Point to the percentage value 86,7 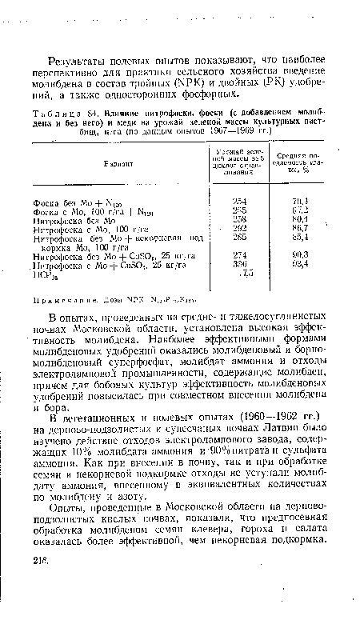pos(300,228)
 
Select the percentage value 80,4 pos(300,218)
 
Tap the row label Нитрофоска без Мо pos(67,218)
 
